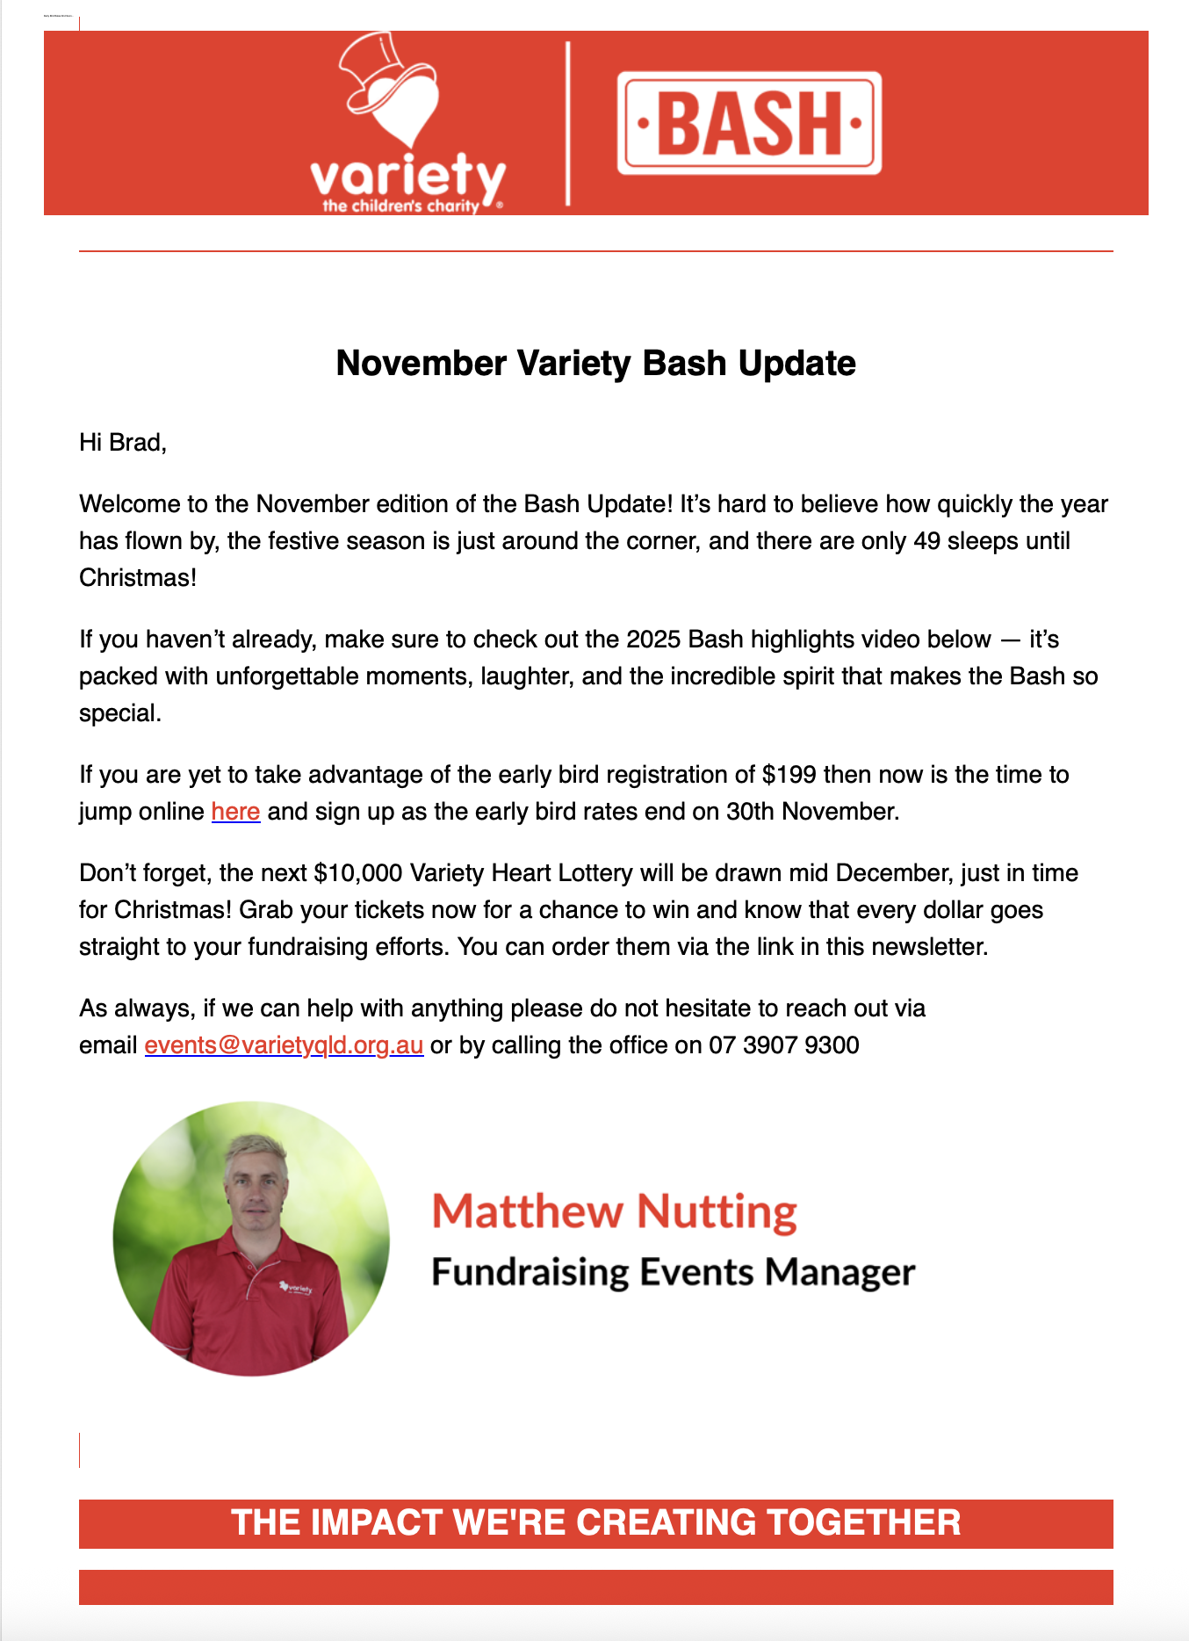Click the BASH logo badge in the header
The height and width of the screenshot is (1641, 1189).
click(749, 123)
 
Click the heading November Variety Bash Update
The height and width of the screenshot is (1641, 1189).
click(595, 364)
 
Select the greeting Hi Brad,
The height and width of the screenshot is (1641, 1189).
click(123, 442)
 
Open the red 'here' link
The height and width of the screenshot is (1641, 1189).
click(235, 811)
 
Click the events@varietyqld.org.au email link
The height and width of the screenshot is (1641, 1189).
click(284, 1045)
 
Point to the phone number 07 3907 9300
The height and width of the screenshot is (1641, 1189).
click(783, 1045)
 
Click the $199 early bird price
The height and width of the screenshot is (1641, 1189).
click(789, 775)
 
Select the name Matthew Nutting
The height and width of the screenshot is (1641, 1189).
click(614, 1211)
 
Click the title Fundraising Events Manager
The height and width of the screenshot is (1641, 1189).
click(673, 1272)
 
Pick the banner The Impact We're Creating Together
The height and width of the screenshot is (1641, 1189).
click(595, 1522)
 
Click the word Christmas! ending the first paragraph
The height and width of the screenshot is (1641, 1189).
click(138, 578)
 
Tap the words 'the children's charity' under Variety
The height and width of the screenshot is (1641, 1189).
click(400, 206)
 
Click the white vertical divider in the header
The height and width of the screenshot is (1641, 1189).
click(567, 123)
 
